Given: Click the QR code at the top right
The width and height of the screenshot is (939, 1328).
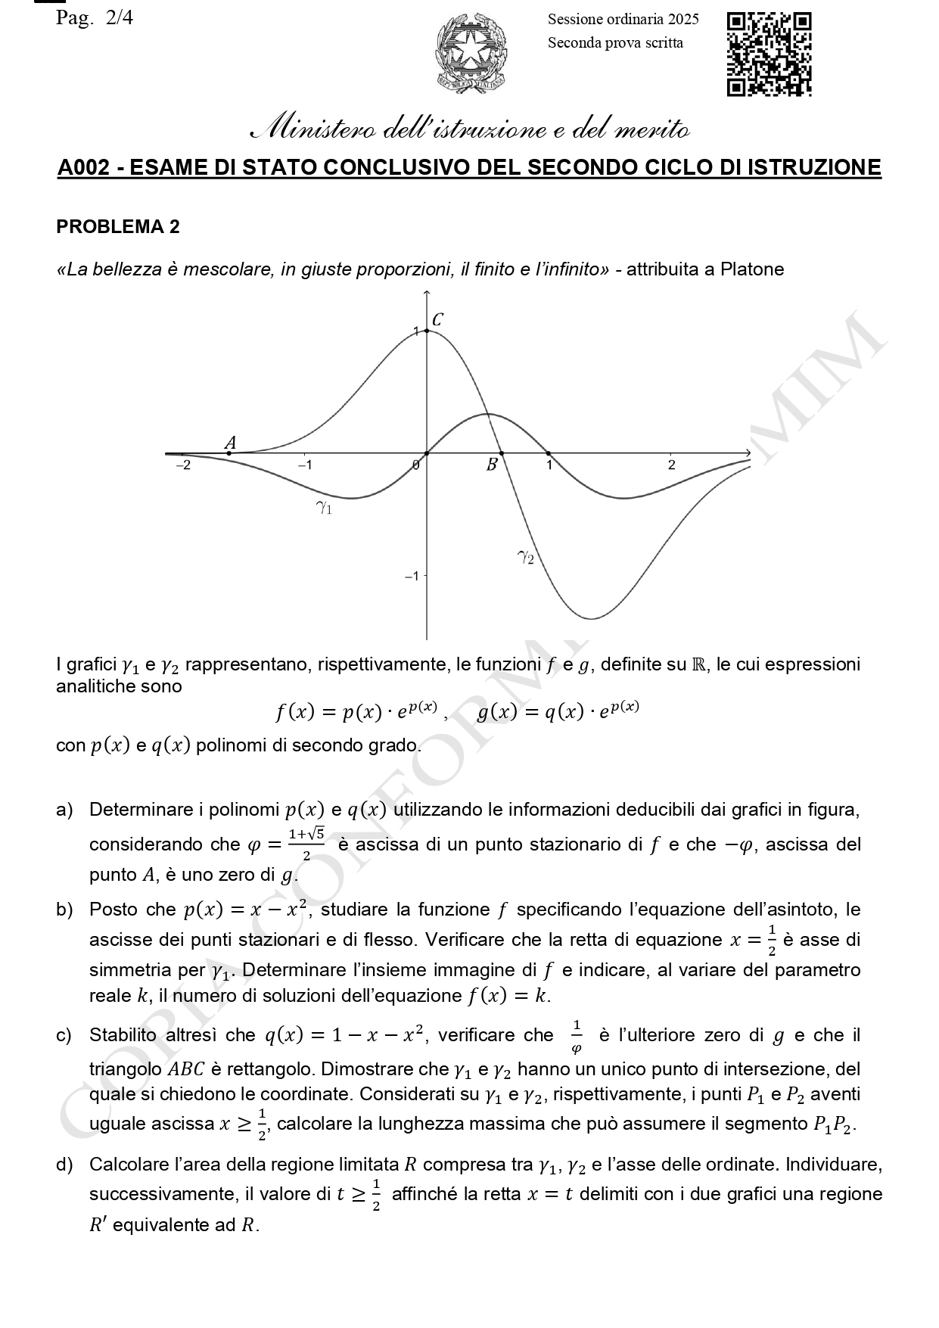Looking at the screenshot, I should (769, 54).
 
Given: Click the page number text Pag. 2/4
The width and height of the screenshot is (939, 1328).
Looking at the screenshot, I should (95, 18).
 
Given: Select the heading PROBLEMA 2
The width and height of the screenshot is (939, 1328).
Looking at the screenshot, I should (118, 227).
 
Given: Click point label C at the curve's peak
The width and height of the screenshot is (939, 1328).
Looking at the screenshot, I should (437, 320).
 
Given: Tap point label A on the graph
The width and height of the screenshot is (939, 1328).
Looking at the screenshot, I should (231, 443).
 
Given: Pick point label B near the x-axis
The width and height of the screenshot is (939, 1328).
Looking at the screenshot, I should (492, 465).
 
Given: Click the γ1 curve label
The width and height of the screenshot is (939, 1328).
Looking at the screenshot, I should (324, 508).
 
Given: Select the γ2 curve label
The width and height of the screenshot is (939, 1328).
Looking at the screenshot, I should (526, 558).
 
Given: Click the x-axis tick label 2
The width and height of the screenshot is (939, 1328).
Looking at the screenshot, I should (671, 465).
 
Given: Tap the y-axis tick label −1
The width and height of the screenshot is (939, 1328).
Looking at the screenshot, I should (411, 576).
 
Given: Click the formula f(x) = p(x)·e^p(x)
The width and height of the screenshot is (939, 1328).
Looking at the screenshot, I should (356, 711).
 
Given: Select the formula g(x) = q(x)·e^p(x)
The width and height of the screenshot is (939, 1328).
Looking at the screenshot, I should (558, 711).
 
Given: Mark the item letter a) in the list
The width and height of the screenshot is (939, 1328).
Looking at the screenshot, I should (64, 810).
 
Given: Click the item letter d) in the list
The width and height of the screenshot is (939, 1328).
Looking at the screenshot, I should (64, 1165).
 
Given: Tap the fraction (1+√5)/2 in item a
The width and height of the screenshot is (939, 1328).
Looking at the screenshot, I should (306, 844).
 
